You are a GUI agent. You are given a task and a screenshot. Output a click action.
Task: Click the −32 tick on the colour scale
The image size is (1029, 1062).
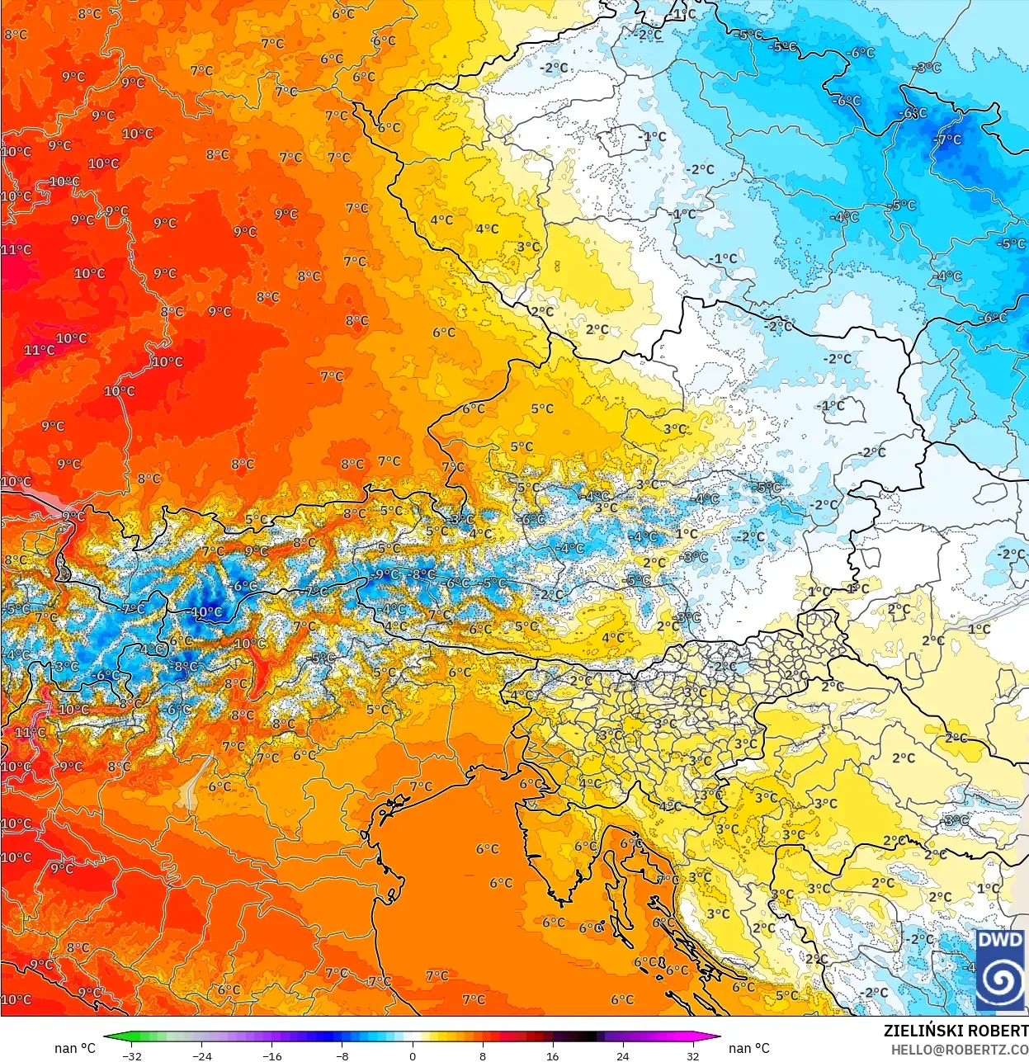tap(131, 1055)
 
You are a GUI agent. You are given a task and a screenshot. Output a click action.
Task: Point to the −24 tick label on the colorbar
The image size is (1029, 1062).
tap(201, 1055)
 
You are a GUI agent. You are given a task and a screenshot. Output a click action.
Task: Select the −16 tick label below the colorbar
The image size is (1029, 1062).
tap(271, 1055)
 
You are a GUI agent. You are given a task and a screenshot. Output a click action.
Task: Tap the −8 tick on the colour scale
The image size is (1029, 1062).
tap(342, 1055)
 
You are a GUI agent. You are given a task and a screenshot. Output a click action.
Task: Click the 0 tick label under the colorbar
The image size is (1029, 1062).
tap(413, 1055)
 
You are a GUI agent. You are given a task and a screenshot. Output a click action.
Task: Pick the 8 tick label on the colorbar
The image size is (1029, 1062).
tap(483, 1055)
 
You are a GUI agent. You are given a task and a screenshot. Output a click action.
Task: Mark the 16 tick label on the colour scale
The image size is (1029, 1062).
tap(552, 1055)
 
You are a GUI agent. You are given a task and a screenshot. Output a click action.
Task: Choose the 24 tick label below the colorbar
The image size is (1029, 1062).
tap(622, 1055)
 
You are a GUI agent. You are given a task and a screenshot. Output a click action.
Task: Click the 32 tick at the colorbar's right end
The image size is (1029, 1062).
tap(692, 1055)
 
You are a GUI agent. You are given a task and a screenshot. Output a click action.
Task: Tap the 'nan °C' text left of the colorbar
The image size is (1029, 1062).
tap(75, 1048)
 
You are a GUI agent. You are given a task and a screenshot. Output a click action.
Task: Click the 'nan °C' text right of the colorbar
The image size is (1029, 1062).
tap(748, 1048)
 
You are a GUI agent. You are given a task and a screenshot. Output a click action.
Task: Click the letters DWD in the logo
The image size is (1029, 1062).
tap(1000, 940)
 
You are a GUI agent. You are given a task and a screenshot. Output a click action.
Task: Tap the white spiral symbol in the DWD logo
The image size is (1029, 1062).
tap(1000, 980)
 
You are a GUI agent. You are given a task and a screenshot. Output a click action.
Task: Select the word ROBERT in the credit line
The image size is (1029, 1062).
tap(998, 1031)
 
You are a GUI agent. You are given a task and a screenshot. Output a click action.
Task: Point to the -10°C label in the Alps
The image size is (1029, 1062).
tap(205, 612)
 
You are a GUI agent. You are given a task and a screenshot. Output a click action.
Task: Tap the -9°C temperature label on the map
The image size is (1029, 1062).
tap(386, 574)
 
